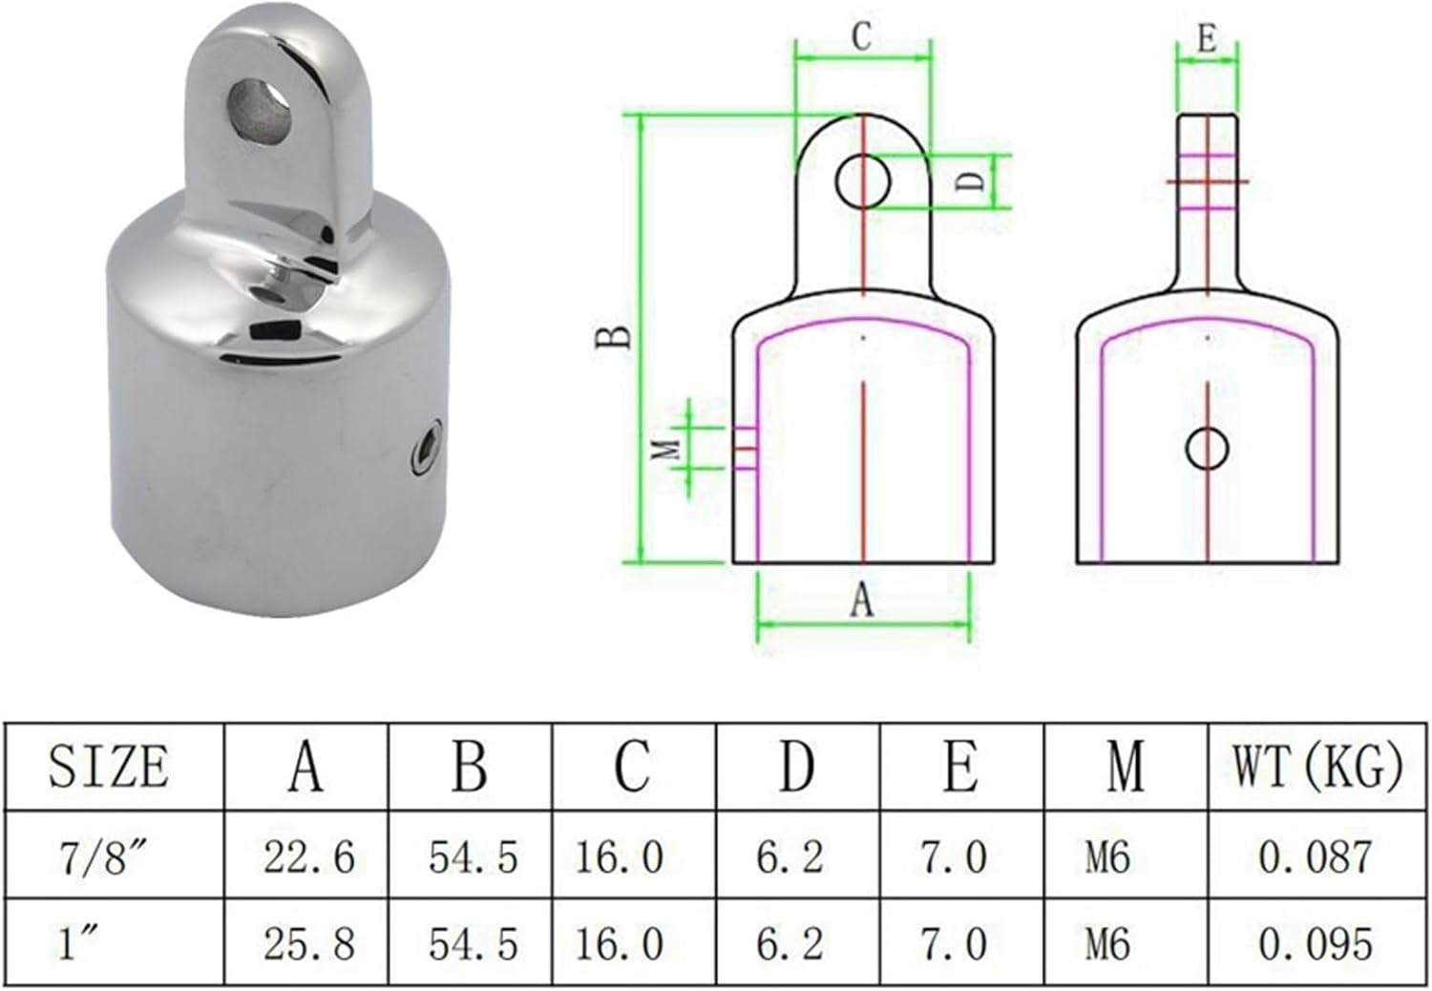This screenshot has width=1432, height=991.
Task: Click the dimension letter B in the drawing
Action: coord(614,337)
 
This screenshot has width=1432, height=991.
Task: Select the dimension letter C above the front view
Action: coord(862,37)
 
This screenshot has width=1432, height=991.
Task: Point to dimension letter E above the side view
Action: coord(1207,39)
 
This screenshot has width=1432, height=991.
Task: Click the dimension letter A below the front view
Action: coord(862,601)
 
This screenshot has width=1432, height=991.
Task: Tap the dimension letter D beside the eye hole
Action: coord(971,179)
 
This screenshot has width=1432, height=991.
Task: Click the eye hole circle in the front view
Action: coord(863,180)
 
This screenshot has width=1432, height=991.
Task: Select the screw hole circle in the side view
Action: coord(1208,448)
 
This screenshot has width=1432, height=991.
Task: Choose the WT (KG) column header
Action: coord(1318,766)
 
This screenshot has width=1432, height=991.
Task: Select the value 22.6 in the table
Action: coord(308,855)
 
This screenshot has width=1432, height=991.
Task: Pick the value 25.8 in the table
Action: coord(308,943)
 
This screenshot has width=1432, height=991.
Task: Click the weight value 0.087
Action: coord(1315,855)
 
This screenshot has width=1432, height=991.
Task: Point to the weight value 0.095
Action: coord(1315,943)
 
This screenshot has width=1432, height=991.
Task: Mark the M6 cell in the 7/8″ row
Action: coord(1107,855)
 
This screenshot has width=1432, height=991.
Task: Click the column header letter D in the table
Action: coord(796,766)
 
